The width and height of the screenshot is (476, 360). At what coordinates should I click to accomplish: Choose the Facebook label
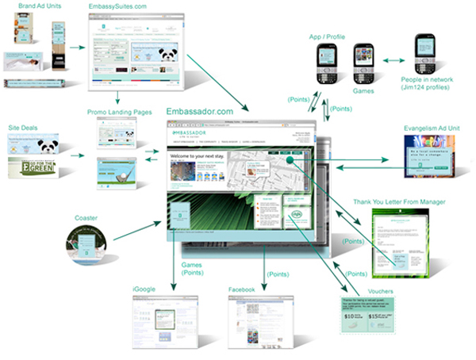(240, 290)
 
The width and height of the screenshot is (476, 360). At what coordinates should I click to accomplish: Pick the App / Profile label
(328, 38)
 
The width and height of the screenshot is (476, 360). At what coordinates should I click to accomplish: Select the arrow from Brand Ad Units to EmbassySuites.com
(77, 48)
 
